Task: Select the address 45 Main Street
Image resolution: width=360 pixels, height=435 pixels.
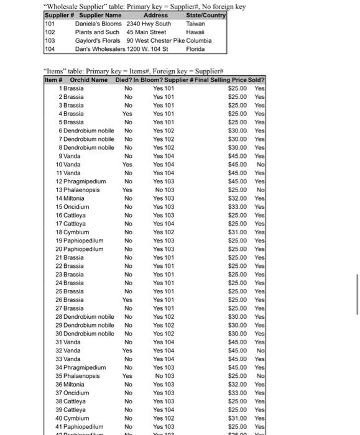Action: [146, 32]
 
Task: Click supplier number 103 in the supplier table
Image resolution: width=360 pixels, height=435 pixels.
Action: [50, 41]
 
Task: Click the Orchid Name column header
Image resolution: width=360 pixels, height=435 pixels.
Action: [89, 80]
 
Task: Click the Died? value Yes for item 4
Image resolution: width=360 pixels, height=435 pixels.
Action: [127, 114]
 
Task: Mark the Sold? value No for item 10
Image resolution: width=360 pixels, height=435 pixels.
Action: [261, 165]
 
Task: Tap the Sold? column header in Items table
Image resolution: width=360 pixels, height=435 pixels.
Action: [257, 80]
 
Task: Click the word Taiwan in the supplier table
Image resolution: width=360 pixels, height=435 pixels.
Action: [195, 24]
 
